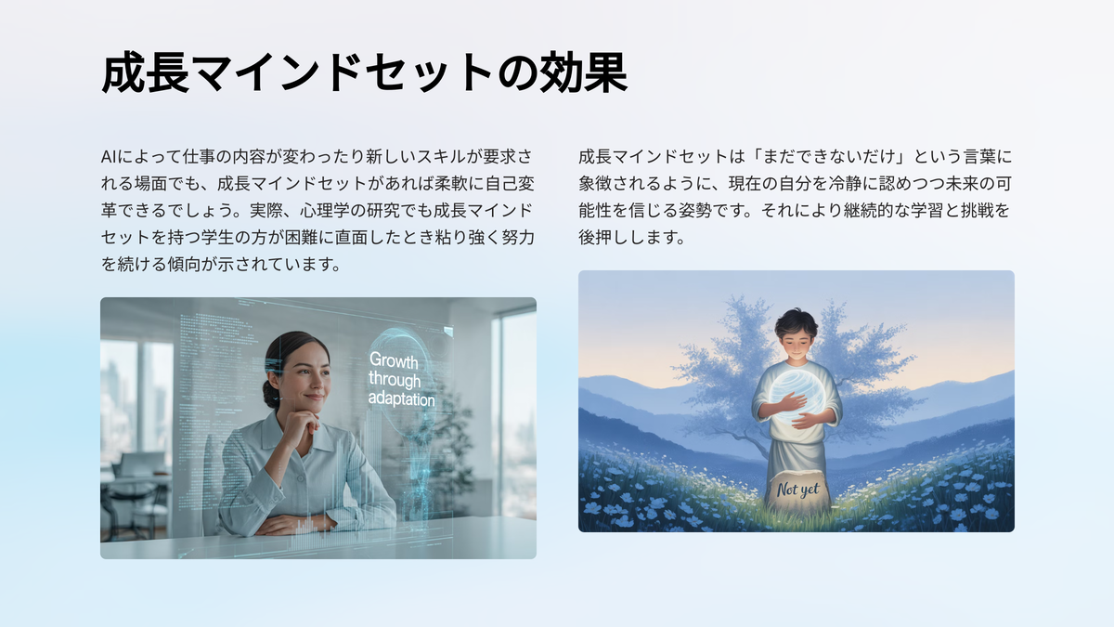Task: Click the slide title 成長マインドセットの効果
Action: pos(364,73)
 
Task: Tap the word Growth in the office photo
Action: pos(394,360)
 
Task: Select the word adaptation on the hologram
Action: pos(401,399)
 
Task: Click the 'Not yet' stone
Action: pos(797,490)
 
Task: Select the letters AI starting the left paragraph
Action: pos(109,157)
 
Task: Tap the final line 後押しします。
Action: pos(632,238)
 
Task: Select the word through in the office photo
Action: pos(395,380)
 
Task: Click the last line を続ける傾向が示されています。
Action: pos(221,264)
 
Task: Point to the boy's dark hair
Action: pos(797,323)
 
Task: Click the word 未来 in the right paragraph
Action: pos(961,184)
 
